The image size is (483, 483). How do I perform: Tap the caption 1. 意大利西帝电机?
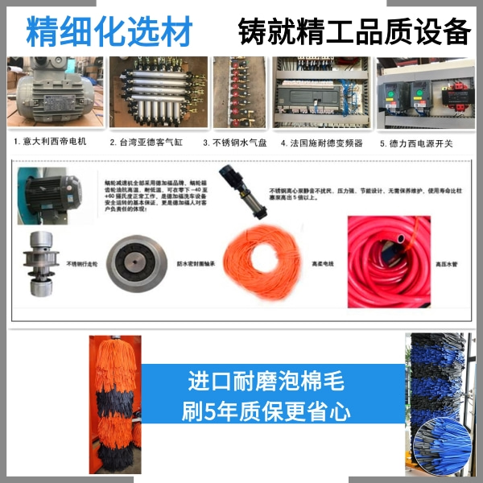(x=50, y=142)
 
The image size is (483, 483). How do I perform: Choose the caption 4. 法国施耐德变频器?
(x=321, y=142)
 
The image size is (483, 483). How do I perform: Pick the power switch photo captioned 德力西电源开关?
(x=424, y=93)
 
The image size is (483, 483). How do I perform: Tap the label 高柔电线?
(x=322, y=263)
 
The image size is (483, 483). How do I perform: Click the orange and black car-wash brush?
(x=114, y=402)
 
